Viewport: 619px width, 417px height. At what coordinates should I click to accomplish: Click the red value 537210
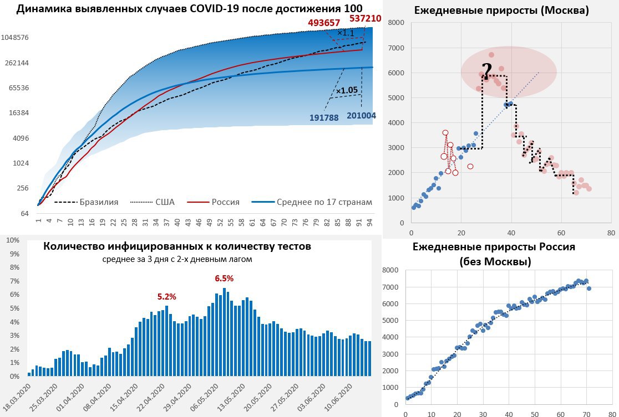tap(365, 18)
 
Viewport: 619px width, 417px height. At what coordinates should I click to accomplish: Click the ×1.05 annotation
tap(346, 90)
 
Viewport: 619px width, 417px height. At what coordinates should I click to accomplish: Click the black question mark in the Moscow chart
tap(486, 71)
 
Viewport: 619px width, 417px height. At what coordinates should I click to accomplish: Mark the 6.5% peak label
tap(224, 278)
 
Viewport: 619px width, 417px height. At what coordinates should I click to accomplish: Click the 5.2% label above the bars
tap(166, 297)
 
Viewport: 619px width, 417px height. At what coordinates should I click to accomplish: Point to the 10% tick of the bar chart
tap(12, 240)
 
